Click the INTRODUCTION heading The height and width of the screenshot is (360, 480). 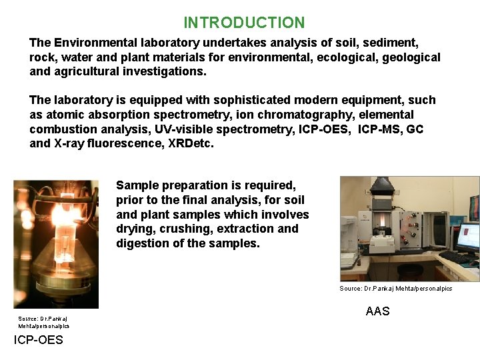(244, 23)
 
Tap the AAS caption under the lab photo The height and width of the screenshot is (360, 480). (377, 311)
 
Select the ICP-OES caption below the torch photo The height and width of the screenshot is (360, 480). (39, 340)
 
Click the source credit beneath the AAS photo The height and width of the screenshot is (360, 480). (395, 289)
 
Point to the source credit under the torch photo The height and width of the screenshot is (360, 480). (43, 322)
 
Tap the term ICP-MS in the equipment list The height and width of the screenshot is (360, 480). (379, 129)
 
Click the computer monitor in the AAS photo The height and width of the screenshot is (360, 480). (467, 239)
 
